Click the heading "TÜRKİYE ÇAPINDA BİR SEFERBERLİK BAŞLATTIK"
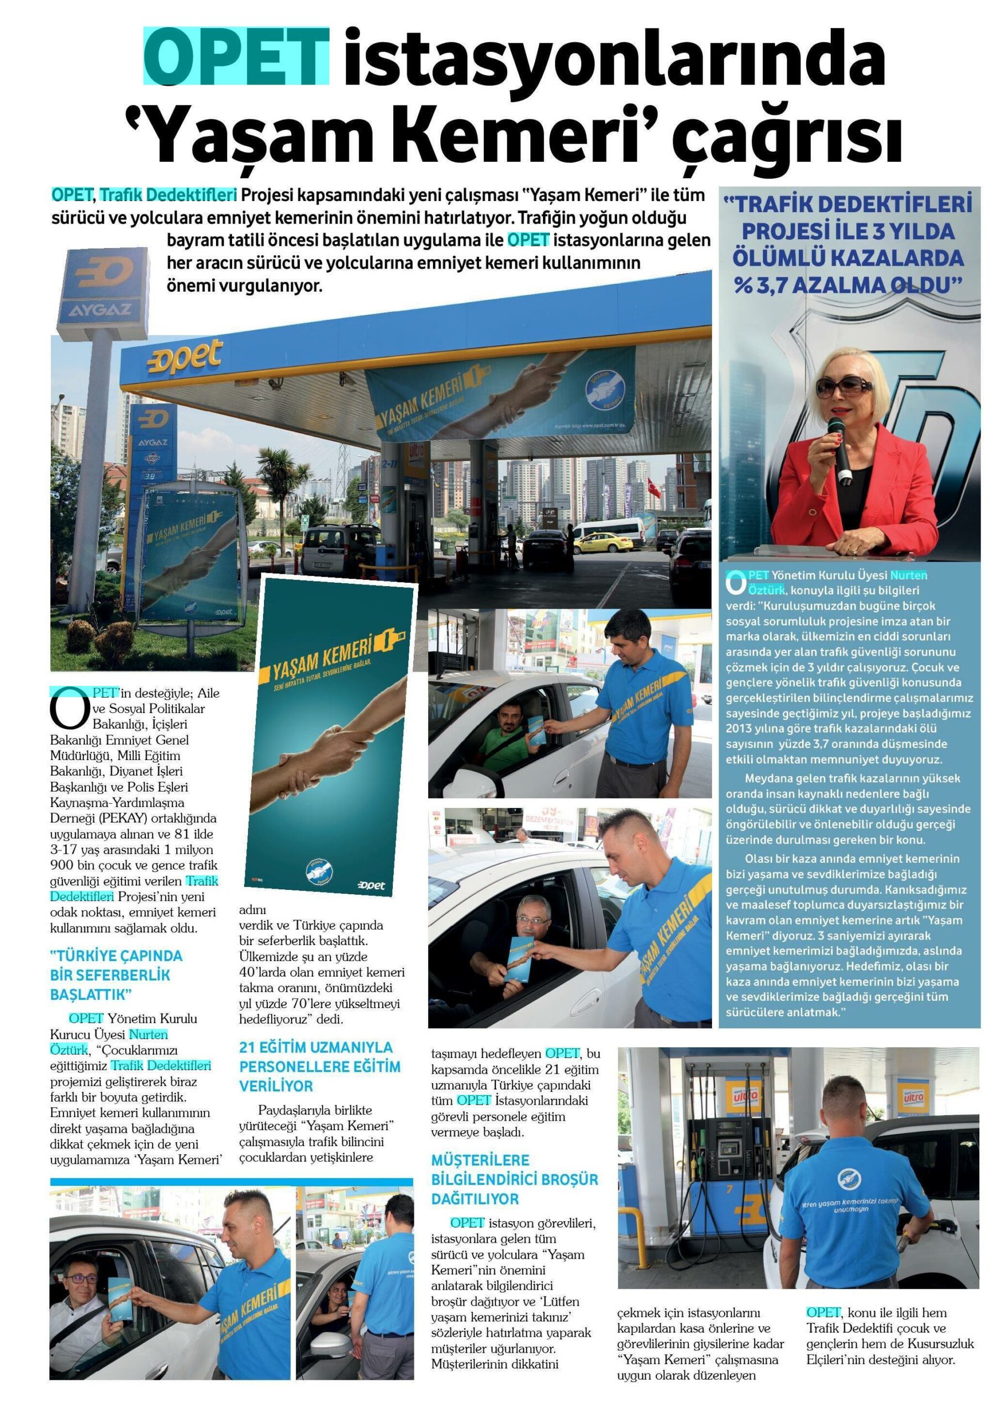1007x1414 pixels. tap(117, 974)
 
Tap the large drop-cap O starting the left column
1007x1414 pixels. tap(67, 710)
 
